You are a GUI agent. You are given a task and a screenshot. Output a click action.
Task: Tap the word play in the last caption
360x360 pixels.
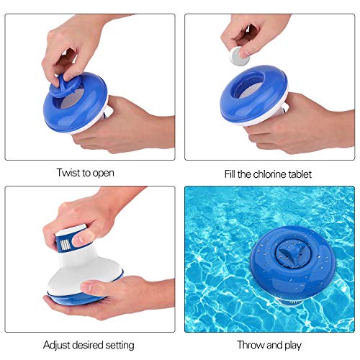(x=289, y=343)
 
